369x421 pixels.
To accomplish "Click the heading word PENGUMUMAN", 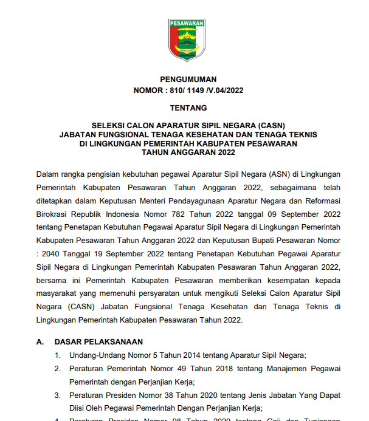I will [188, 80].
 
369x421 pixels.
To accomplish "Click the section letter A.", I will [40, 342].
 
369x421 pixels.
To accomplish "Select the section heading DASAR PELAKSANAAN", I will [98, 342].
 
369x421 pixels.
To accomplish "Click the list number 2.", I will [57, 369].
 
